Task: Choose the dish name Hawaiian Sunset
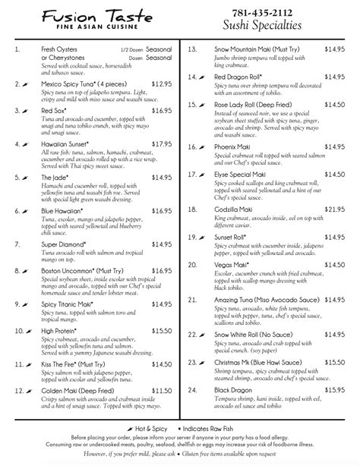[71, 143]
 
